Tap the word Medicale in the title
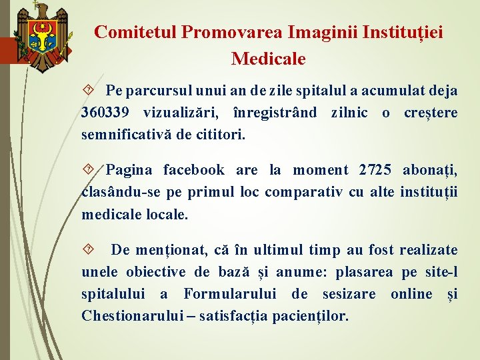point(268,59)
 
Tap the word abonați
point(429,171)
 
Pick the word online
point(412,294)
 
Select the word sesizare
point(349,294)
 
